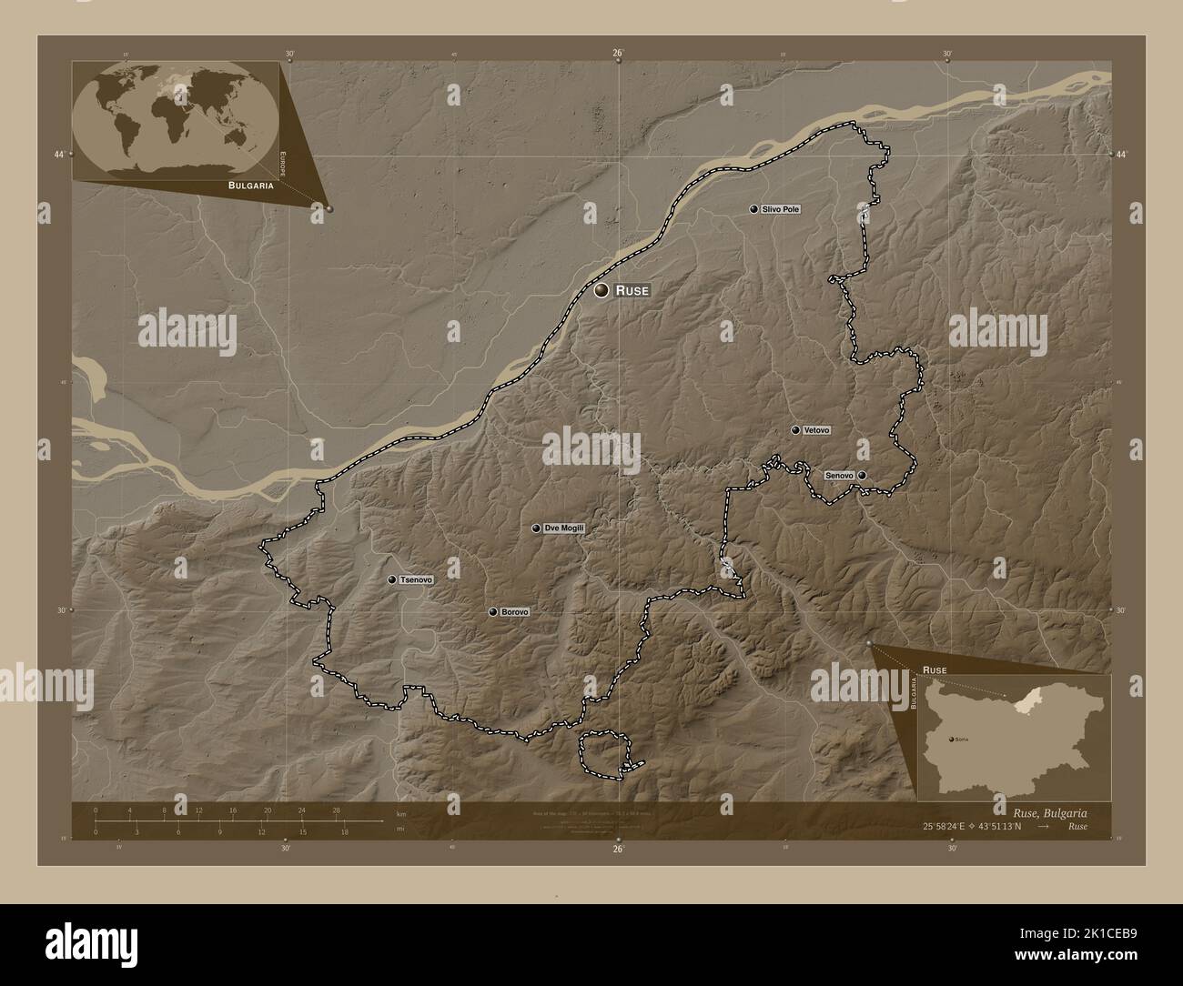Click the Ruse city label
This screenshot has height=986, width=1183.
(632, 291)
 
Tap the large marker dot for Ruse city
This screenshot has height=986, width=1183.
(601, 291)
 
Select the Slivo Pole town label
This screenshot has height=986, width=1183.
(782, 209)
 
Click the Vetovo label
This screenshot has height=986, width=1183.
(816, 430)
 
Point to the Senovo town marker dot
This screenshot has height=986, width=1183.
(861, 475)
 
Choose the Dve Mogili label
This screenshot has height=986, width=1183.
(563, 528)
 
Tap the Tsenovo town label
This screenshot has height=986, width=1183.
(416, 579)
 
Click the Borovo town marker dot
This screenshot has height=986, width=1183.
(492, 612)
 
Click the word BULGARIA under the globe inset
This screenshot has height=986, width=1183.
(239, 185)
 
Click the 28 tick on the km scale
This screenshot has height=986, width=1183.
(336, 810)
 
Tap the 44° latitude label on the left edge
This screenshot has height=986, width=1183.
(59, 155)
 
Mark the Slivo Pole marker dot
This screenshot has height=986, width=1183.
(753, 209)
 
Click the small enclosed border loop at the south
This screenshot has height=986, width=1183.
(606, 753)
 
